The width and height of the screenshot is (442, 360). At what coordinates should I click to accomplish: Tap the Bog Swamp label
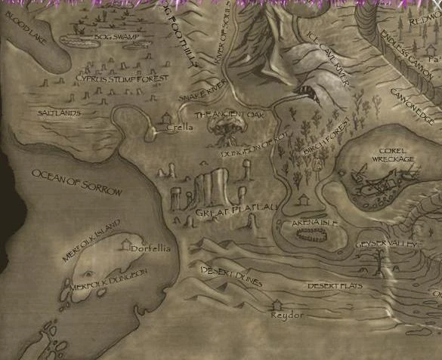point(115,37)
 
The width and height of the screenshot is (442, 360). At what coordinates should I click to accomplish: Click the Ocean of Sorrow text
point(76,183)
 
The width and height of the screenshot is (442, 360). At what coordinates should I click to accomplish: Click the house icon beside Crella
point(167,116)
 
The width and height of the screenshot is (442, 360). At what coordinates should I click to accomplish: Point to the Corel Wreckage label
point(393,155)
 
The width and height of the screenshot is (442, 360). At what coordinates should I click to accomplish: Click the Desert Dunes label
point(231,275)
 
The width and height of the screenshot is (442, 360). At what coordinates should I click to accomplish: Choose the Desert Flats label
point(335,287)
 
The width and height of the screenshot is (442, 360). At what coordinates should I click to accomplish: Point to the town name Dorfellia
point(150,248)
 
